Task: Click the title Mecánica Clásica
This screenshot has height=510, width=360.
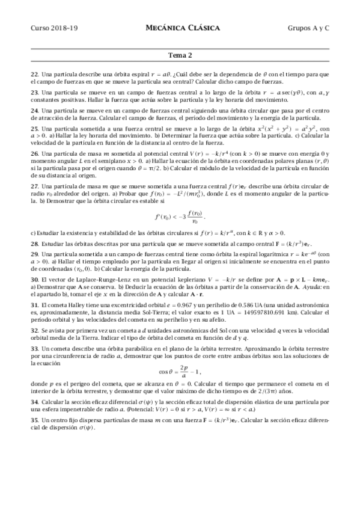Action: [183, 28]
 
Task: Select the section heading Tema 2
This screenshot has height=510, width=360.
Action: [180, 56]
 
